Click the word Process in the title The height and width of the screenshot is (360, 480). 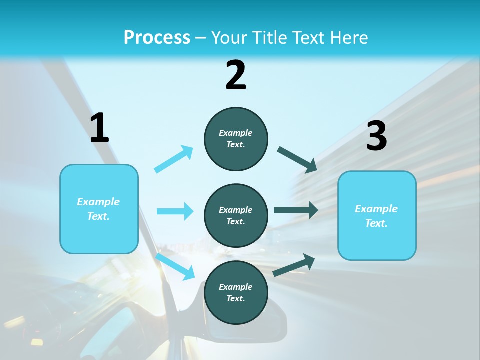tap(157, 37)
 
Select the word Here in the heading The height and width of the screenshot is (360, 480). tap(347, 37)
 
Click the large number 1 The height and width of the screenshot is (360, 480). tap(99, 128)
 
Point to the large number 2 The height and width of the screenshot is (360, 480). tap(236, 75)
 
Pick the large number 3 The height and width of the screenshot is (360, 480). tap(376, 136)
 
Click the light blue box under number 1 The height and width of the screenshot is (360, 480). tap(99, 209)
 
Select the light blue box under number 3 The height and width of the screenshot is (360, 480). tap(377, 215)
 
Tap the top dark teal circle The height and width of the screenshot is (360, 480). tap(236, 138)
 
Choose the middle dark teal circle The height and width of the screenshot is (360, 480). tap(236, 215)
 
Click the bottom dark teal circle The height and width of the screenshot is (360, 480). tap(236, 292)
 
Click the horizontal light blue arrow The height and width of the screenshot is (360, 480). tap(175, 211)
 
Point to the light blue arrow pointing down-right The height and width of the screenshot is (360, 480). tap(175, 266)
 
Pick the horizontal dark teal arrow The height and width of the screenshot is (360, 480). tap(295, 210)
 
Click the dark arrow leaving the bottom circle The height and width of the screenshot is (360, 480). tap(294, 265)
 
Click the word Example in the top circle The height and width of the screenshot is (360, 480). tap(236, 133)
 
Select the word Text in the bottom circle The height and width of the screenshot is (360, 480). tap(235, 298)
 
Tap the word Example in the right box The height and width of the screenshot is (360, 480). tap(376, 209)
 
